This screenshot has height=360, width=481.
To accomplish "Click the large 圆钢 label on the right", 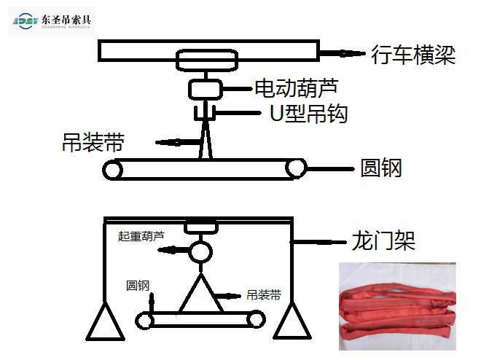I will (381, 169).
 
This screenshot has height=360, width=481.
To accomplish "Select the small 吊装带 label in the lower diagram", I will (265, 296).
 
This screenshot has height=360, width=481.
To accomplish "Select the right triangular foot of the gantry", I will (293, 321).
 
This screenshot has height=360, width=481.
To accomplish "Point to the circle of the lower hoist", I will (200, 252).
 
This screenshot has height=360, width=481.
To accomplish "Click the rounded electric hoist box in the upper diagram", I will (205, 89).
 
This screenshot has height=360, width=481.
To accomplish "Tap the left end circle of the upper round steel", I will (113, 170).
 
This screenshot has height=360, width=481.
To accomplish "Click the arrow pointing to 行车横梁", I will (342, 53).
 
